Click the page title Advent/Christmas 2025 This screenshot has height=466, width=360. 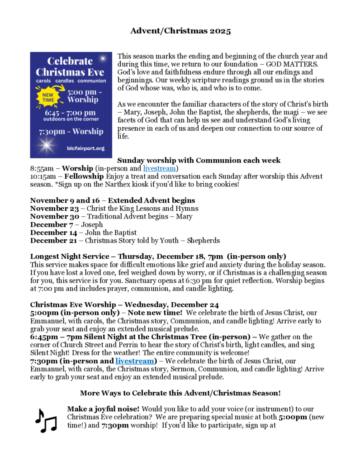180,31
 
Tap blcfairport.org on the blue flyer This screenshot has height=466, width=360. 85,148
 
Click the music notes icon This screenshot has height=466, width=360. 46,421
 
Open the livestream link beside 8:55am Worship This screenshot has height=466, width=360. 159,168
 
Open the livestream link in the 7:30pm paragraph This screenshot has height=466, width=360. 134,361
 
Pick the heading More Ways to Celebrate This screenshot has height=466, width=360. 180,393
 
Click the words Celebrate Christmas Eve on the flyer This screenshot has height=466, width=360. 70,67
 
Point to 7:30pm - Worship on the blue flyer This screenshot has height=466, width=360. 71,132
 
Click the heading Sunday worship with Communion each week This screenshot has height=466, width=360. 199,160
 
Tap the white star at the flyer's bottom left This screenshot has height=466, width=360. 45,146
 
